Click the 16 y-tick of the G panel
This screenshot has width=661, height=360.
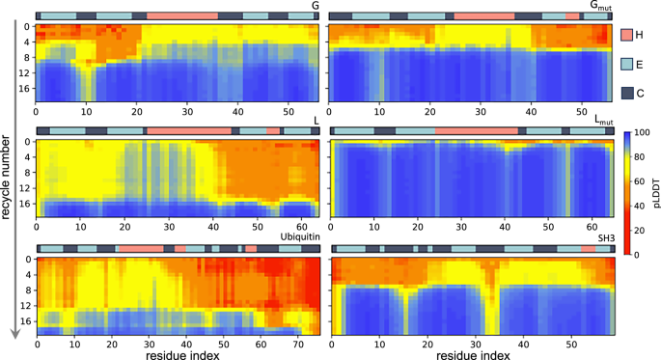25,88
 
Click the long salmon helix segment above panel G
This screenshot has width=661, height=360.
181,16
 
